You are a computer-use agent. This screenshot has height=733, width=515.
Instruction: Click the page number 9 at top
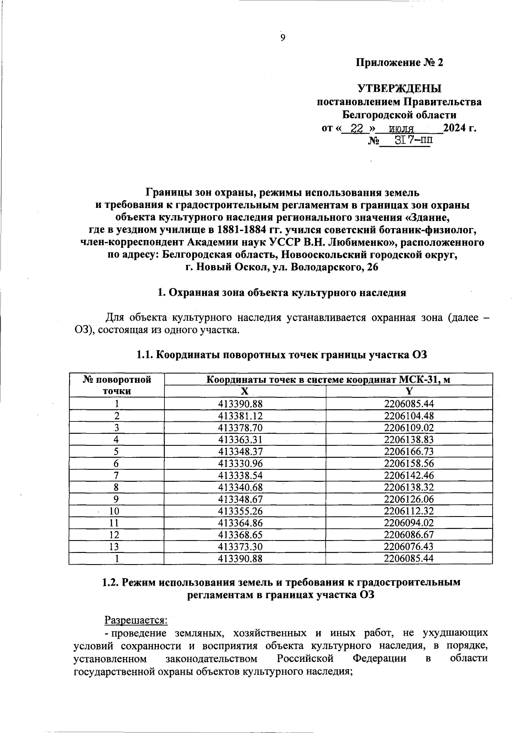[x=282, y=38]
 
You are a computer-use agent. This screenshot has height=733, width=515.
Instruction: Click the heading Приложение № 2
[x=399, y=63]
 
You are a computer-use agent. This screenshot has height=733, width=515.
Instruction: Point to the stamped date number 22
[x=357, y=128]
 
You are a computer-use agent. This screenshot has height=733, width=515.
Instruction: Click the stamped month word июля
[x=401, y=128]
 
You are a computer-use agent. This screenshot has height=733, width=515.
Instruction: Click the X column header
[x=245, y=391]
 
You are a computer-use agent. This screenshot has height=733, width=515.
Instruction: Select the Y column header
[x=409, y=391]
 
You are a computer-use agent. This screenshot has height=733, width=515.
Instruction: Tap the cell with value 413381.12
[x=240, y=415]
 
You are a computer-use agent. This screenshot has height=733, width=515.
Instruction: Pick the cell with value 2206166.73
[x=409, y=451]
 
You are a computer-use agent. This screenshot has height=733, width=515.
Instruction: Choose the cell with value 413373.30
[x=240, y=547]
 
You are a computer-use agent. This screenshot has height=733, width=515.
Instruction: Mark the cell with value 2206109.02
[x=409, y=427]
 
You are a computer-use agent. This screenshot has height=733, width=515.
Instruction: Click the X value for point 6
[x=240, y=463]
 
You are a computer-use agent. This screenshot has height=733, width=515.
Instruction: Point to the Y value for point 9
[x=409, y=499]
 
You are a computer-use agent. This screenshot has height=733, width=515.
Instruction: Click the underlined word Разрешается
[x=136, y=620]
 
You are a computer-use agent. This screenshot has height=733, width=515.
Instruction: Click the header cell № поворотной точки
[x=117, y=385]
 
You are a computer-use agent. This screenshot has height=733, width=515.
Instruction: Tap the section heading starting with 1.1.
[x=282, y=355]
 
